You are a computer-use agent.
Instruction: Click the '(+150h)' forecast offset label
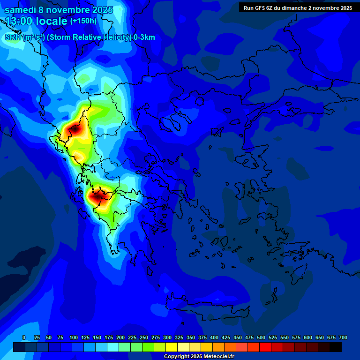click(x=83, y=21)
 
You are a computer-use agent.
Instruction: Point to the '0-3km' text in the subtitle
click(x=144, y=37)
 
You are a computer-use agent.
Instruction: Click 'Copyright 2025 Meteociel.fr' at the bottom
click(x=199, y=357)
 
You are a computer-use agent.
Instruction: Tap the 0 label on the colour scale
click(x=24, y=337)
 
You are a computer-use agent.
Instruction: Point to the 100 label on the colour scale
click(x=74, y=337)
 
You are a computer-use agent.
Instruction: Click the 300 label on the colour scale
click(x=167, y=337)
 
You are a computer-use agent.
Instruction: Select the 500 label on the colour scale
click(x=261, y=337)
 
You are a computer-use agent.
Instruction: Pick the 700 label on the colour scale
click(x=343, y=337)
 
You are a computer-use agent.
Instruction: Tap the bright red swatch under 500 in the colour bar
click(x=265, y=347)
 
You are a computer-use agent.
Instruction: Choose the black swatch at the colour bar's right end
click(x=336, y=347)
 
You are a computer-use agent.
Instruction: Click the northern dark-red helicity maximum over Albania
click(x=75, y=128)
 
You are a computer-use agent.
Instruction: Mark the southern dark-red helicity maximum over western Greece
click(x=97, y=197)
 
